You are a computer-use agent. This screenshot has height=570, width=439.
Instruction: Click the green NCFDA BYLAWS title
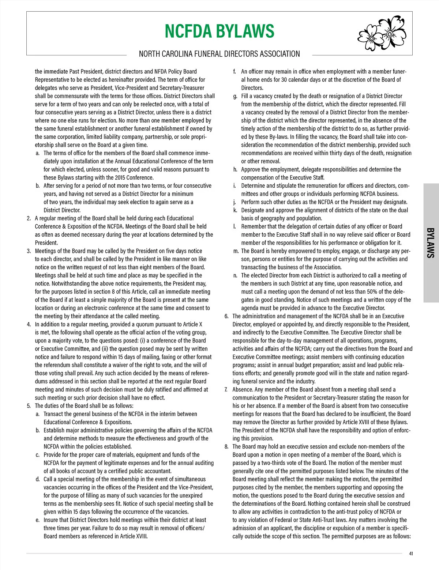click(x=219, y=31)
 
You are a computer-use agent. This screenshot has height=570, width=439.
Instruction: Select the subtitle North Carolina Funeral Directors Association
click(x=219, y=54)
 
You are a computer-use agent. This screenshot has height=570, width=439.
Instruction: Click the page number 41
click(x=411, y=554)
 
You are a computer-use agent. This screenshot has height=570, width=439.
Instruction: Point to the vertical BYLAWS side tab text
click(x=431, y=243)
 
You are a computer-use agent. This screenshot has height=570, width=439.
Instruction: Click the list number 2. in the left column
click(x=29, y=218)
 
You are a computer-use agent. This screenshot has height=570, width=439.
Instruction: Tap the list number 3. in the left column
click(x=29, y=251)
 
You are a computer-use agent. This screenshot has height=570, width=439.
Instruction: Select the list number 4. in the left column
click(x=29, y=325)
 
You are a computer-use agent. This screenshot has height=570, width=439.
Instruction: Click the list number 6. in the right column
click(x=226, y=316)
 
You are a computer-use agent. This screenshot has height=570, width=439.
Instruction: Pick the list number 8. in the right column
click(x=226, y=447)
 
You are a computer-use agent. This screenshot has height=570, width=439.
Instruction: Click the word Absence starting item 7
click(x=243, y=390)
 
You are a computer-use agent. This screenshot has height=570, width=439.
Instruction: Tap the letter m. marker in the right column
click(x=236, y=251)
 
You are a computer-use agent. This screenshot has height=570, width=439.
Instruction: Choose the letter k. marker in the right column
click(x=235, y=210)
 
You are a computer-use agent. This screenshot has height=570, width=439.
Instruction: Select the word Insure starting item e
click(x=52, y=520)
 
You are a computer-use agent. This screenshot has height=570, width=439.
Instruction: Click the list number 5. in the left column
click(x=29, y=406)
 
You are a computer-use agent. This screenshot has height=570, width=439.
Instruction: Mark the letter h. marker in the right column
click(x=235, y=169)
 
